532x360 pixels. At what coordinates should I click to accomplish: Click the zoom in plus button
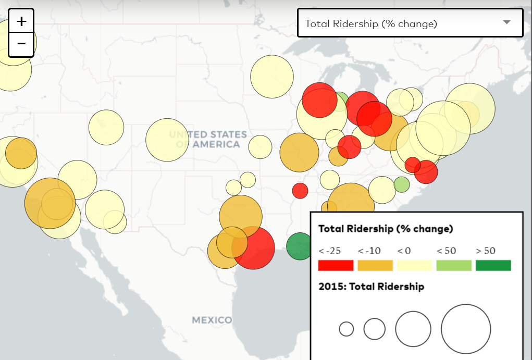pyautogui.click(x=21, y=21)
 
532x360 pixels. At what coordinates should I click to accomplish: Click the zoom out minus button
pyautogui.click(x=21, y=44)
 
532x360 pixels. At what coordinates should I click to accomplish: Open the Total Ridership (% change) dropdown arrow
pyautogui.click(x=506, y=22)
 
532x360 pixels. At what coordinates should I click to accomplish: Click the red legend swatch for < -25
pyautogui.click(x=336, y=265)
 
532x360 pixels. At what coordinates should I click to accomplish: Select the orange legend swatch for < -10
pyautogui.click(x=375, y=265)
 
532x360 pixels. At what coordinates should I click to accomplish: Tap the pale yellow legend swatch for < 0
pyautogui.click(x=415, y=265)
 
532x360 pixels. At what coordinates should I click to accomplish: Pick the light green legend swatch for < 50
pyautogui.click(x=454, y=265)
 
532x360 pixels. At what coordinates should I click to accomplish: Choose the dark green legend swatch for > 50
pyautogui.click(x=493, y=265)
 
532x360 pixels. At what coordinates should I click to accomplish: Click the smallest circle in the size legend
pyautogui.click(x=346, y=329)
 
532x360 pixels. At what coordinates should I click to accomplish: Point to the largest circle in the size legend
pyautogui.click(x=466, y=329)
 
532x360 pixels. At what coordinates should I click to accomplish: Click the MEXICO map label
pyautogui.click(x=212, y=319)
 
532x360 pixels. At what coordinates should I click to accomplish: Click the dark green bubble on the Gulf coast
pyautogui.click(x=301, y=246)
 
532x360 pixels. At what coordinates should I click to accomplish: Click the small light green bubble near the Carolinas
pyautogui.click(x=401, y=184)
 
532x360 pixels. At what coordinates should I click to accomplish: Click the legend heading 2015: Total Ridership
pyautogui.click(x=371, y=287)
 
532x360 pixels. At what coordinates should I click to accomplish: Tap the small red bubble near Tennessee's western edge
pyautogui.click(x=300, y=191)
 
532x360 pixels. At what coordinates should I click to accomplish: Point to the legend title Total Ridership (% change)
pyautogui.click(x=386, y=229)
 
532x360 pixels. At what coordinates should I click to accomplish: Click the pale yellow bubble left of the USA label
pyautogui.click(x=167, y=140)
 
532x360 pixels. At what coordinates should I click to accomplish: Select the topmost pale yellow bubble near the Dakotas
pyautogui.click(x=272, y=77)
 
